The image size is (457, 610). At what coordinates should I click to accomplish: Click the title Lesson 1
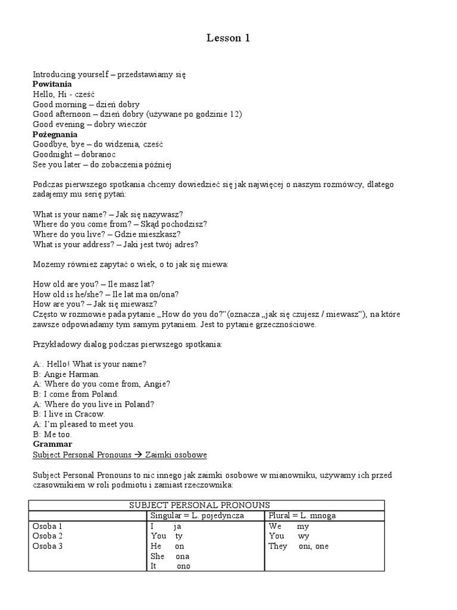coord(228,38)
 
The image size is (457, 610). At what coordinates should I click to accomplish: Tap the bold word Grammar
coord(52,444)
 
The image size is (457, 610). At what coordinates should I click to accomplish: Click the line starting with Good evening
coord(90,125)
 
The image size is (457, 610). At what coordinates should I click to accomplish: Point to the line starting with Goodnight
coord(74,154)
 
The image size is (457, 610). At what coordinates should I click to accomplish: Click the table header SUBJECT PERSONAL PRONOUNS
coord(199,505)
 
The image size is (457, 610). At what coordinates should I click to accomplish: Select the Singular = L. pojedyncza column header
coord(198,515)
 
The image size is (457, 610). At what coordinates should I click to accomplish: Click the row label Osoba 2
coord(48,536)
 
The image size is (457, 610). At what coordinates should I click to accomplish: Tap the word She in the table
coord(158,556)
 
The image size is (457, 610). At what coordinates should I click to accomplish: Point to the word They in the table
coord(278,546)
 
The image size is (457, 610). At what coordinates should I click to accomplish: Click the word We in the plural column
coord(275,527)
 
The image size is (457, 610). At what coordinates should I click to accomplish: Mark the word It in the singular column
coord(154,566)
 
